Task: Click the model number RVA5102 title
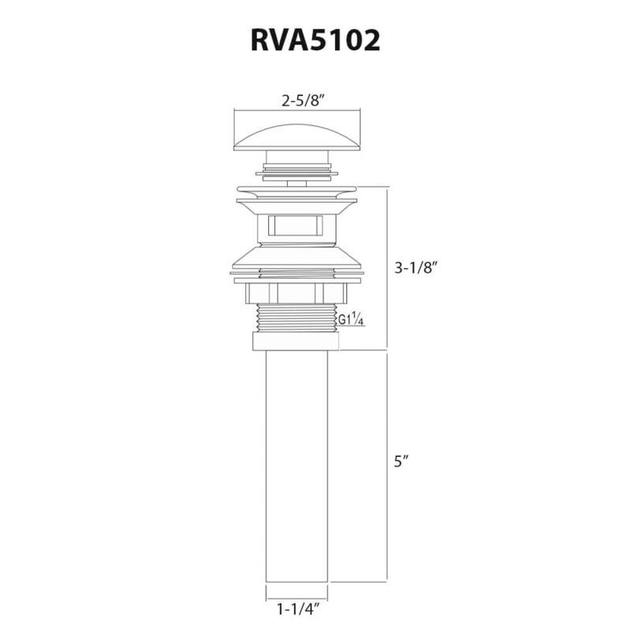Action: [315, 40]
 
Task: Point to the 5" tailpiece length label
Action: [401, 462]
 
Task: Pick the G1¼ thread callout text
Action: [350, 320]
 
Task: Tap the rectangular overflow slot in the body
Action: [296, 226]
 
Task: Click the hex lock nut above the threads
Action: [296, 293]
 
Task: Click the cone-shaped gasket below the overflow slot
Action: [296, 256]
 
